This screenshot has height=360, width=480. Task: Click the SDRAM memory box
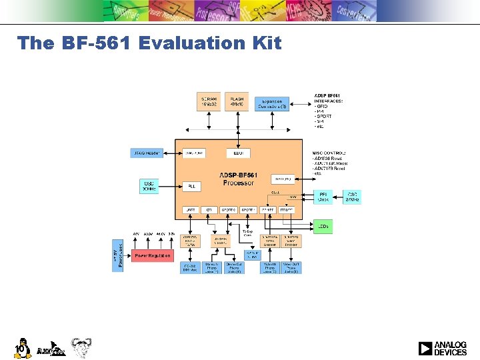pyautogui.click(x=209, y=101)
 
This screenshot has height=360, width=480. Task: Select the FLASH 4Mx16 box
pyautogui.click(x=237, y=101)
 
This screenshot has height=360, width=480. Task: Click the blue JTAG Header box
pyautogui.click(x=147, y=153)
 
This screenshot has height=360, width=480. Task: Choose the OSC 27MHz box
pyautogui.click(x=351, y=197)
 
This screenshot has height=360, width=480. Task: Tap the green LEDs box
pyautogui.click(x=323, y=227)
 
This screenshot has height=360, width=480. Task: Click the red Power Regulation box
pyautogui.click(x=152, y=255)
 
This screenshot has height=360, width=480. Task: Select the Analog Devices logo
pyautogui.click(x=443, y=348)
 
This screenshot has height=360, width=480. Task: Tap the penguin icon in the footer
pyautogui.click(x=22, y=347)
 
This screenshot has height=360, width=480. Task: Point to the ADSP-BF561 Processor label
pyautogui.click(x=237, y=179)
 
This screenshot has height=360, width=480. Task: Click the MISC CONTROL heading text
pyautogui.click(x=329, y=153)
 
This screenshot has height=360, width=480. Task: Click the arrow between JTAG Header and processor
pyautogui.click(x=169, y=153)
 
